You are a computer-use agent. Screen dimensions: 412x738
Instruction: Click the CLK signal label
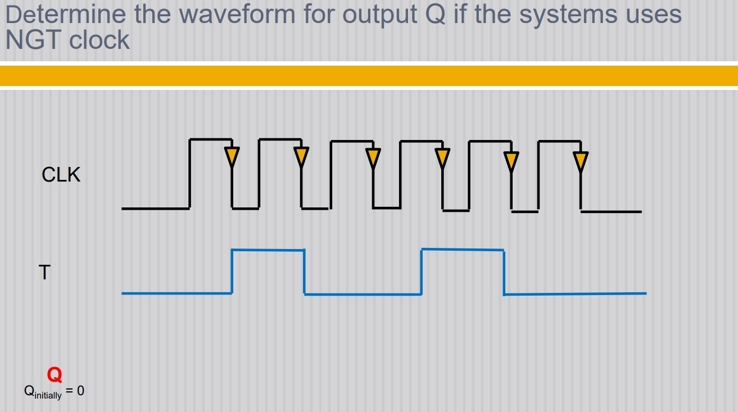coord(61,175)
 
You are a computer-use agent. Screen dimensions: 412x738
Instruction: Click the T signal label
coord(44,273)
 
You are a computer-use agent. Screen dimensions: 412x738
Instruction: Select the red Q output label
coord(55,374)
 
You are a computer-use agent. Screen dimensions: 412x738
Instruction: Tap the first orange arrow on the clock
coord(232,156)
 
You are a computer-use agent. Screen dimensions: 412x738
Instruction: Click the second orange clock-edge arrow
coord(302,156)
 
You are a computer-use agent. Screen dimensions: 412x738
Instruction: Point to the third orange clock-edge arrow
coord(373,157)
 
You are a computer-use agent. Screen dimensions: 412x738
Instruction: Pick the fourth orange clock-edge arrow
coord(443,157)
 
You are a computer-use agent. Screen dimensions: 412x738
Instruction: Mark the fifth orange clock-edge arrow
coord(511,161)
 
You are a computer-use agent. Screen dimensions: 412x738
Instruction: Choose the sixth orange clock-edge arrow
coord(581,161)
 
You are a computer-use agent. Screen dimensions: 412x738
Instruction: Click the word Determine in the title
coord(66,14)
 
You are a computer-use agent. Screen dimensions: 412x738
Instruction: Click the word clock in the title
coord(99,40)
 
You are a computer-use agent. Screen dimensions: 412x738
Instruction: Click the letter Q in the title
coord(436,14)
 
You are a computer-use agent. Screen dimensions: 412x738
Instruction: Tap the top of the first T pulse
coord(268,250)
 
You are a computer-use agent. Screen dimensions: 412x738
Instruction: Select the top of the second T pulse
coord(462,249)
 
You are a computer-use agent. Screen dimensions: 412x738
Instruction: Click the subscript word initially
coord(48,395)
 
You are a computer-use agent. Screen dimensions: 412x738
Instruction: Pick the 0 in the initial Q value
coord(80,391)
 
